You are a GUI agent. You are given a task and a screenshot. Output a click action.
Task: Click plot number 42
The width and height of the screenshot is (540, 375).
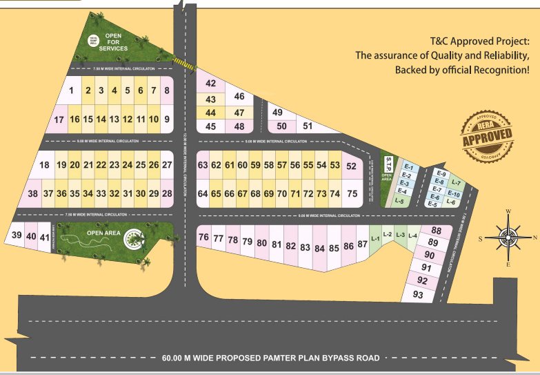[x=211, y=84]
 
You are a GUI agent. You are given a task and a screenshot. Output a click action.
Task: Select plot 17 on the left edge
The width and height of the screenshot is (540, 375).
[x=59, y=119]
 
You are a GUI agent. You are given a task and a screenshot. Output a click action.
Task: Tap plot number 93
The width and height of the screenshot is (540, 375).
[x=418, y=295]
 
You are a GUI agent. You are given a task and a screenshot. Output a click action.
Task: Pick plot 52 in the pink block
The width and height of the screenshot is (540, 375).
[x=352, y=166]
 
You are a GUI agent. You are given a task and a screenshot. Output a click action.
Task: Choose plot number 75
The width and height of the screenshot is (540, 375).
[x=352, y=194]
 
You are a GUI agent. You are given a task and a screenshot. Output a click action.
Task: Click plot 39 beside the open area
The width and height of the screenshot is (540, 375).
[x=17, y=236]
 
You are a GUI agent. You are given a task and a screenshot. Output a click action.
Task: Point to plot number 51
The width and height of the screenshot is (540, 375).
[x=308, y=126]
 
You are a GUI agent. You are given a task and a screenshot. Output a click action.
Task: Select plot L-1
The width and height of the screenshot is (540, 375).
[x=376, y=239]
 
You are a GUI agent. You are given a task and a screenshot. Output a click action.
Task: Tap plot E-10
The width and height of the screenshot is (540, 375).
[x=454, y=194]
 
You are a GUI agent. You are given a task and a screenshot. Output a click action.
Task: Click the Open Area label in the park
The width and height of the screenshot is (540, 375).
[x=104, y=233]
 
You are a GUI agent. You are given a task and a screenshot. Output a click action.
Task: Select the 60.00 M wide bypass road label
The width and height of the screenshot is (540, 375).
[x=270, y=358]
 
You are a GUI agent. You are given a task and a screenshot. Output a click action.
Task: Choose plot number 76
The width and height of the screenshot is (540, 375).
[x=203, y=238]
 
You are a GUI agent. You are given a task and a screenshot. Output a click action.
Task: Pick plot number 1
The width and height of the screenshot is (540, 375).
[x=71, y=90]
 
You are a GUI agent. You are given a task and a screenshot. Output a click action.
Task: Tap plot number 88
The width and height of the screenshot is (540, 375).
[x=436, y=231]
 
